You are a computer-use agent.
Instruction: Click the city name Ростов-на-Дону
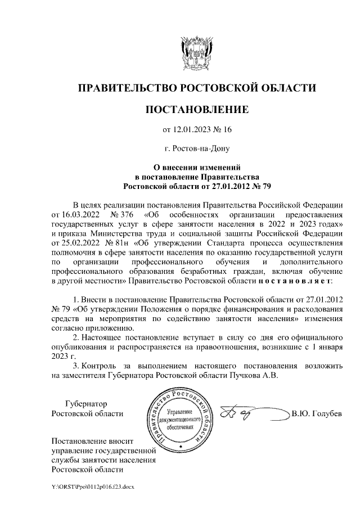197,149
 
